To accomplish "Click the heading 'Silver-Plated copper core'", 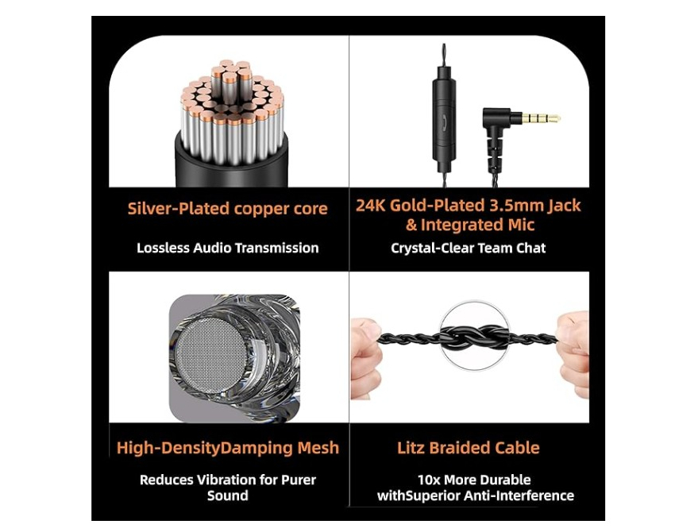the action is point(227,209).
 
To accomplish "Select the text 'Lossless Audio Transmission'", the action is point(228,248).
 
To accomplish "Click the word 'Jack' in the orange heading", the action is point(565,206).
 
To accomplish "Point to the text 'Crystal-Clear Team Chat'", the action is point(469,248).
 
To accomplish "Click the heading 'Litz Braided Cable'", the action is point(469,448).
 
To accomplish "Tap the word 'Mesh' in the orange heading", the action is point(318,448).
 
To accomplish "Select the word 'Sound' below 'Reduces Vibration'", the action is point(228,495).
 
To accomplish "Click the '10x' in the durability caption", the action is point(429,480).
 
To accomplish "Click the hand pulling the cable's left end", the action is point(365,357).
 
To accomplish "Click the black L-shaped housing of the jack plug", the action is point(495,129).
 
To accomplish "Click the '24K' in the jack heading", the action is point(371,206).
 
